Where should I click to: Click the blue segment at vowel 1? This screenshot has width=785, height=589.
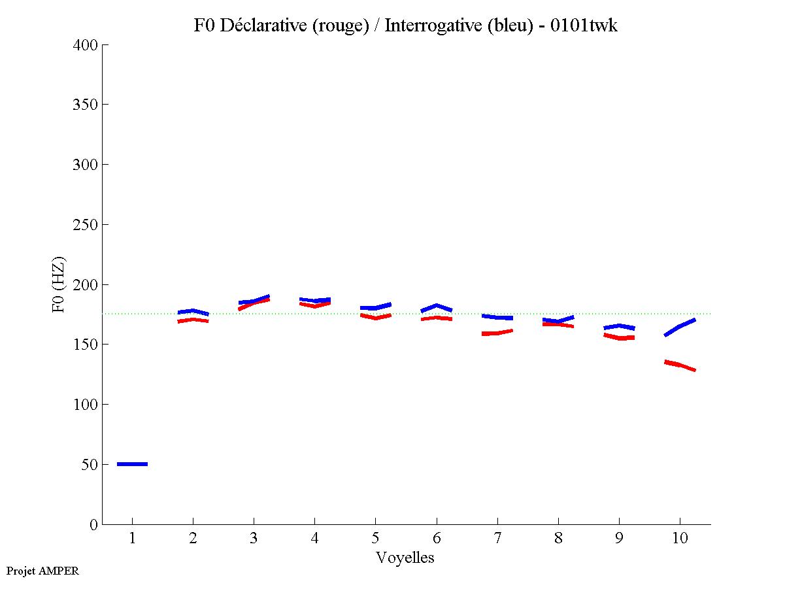click(x=132, y=463)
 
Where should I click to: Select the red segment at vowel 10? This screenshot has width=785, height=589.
click(x=680, y=365)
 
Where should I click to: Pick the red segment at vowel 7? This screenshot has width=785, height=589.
click(x=497, y=333)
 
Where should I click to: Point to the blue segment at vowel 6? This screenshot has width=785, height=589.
click(x=437, y=307)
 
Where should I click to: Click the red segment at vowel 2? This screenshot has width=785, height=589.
click(x=193, y=320)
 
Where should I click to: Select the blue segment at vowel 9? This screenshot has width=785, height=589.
click(x=619, y=326)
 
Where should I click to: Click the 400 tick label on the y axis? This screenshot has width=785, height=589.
click(x=86, y=45)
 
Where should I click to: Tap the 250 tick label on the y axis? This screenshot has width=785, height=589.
click(x=86, y=225)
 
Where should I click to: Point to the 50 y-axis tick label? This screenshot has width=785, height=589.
click(x=90, y=465)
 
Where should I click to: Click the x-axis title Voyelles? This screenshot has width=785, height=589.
click(x=405, y=558)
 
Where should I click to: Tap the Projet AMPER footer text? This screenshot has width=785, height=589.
click(x=42, y=571)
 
